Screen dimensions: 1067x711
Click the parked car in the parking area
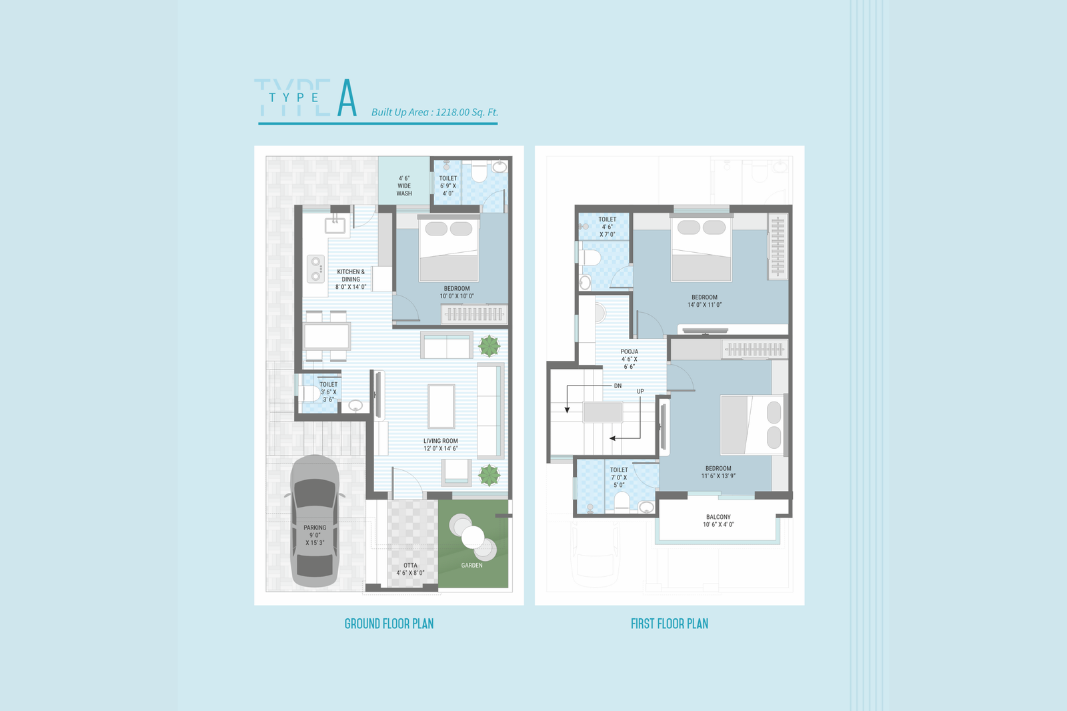(x=315, y=522)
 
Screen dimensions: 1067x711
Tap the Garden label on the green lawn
(x=471, y=565)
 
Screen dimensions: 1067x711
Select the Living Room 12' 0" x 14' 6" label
(x=441, y=445)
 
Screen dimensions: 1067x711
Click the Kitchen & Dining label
(x=351, y=279)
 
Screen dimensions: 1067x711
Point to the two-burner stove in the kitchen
(x=315, y=269)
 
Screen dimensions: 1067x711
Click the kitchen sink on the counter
(x=335, y=225)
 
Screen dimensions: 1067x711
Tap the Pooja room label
(x=630, y=360)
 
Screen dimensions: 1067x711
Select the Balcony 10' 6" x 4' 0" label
(x=718, y=520)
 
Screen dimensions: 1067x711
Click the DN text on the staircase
(x=618, y=386)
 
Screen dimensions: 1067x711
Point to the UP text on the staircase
(x=640, y=392)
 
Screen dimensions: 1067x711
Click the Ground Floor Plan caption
(x=389, y=624)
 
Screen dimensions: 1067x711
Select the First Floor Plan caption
(x=670, y=624)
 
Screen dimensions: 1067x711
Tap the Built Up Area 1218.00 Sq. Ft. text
(x=434, y=113)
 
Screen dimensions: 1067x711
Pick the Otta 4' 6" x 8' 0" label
(x=410, y=569)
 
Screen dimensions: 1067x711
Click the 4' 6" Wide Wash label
(x=404, y=186)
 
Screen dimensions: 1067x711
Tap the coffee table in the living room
(x=441, y=406)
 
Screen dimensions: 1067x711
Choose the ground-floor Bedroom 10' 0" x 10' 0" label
(x=457, y=292)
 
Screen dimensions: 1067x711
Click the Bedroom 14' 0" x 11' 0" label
(x=704, y=301)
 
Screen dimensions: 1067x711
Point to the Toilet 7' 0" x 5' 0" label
(x=620, y=478)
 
